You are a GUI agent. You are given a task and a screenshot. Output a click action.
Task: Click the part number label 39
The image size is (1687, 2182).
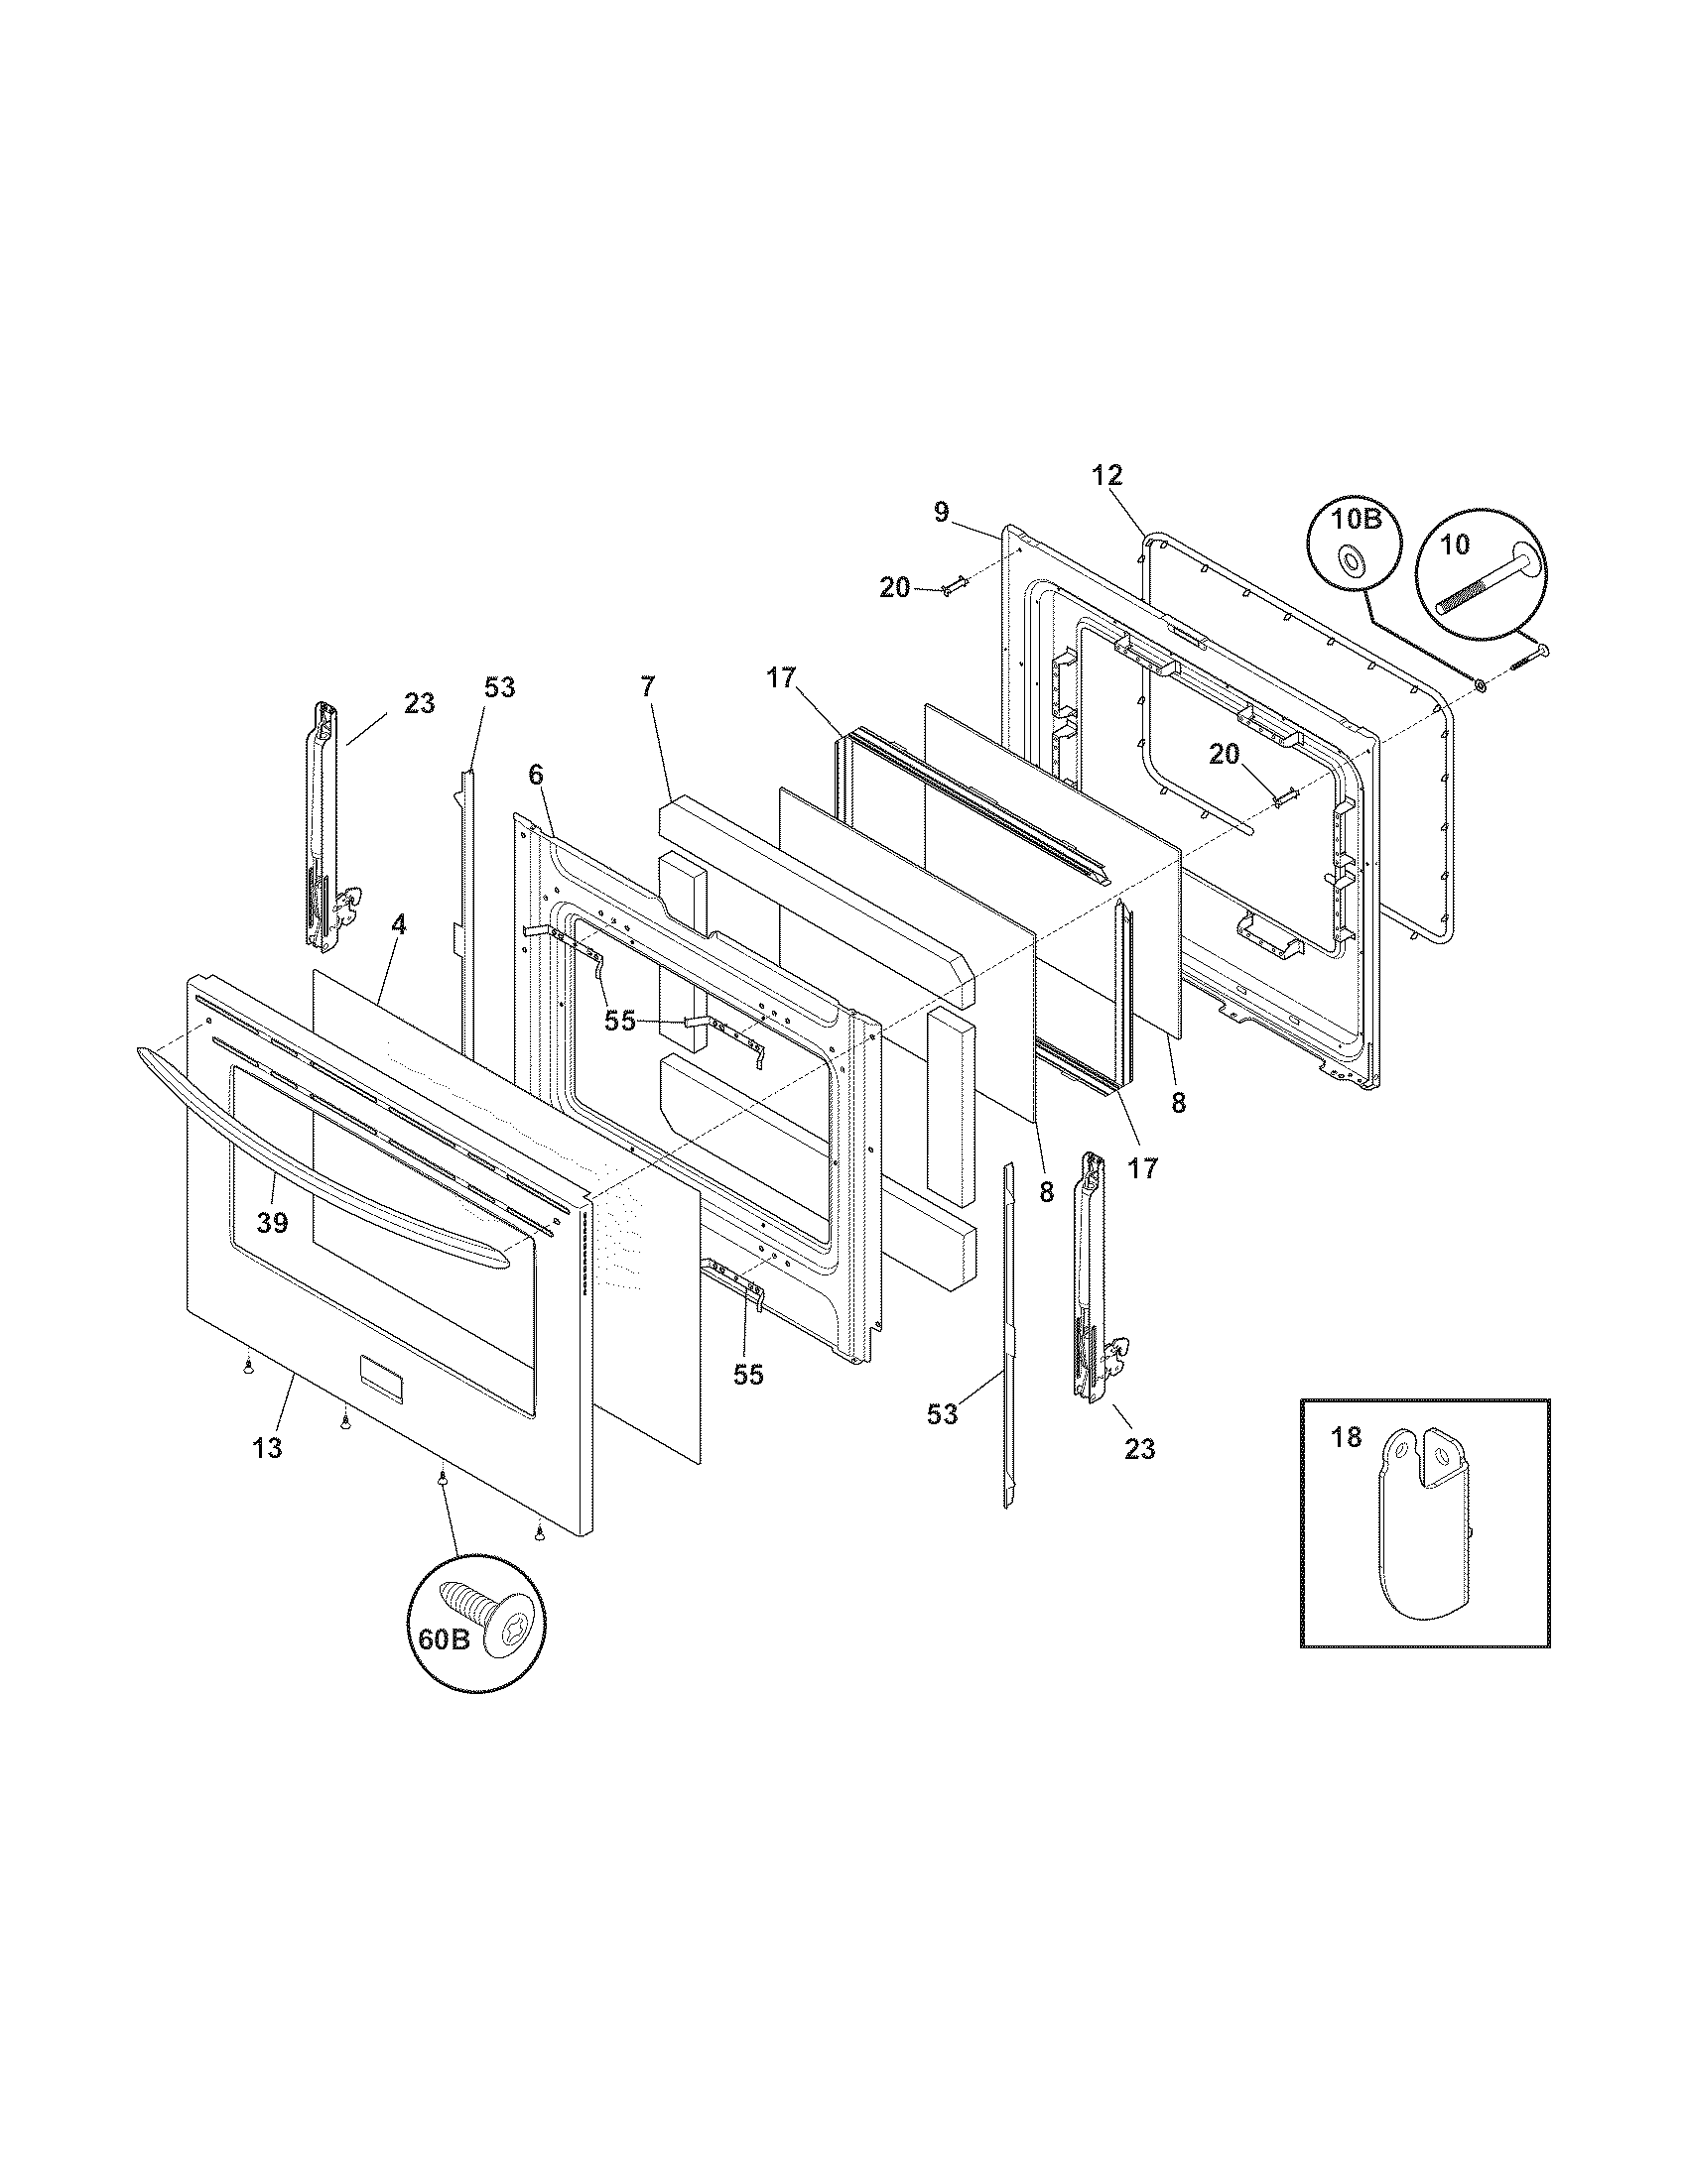272,1222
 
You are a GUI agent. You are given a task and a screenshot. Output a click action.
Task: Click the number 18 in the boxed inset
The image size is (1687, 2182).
1347,1437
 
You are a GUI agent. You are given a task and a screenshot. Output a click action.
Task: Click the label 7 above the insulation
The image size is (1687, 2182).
647,686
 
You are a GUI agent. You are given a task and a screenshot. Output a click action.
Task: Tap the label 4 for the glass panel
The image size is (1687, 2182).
399,924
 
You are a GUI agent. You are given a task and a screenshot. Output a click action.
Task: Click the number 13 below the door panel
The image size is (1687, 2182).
267,1448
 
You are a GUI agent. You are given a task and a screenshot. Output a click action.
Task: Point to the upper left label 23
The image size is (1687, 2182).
420,703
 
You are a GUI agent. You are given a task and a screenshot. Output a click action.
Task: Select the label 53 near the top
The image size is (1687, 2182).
500,687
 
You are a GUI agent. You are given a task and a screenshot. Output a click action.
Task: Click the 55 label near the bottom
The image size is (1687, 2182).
747,1375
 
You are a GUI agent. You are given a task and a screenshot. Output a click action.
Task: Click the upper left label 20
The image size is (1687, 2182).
894,588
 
